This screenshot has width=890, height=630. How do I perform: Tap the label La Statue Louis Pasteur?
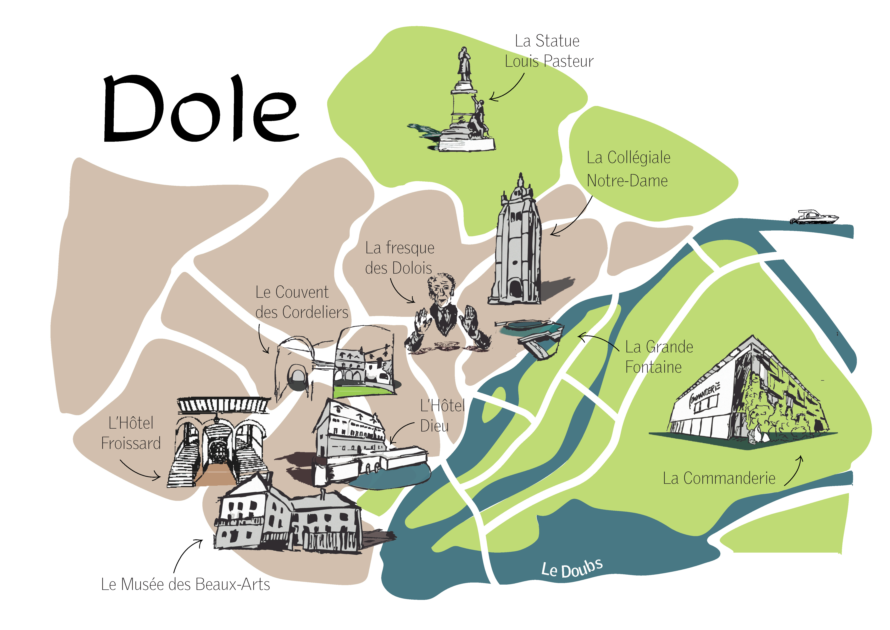pyautogui.click(x=548, y=51)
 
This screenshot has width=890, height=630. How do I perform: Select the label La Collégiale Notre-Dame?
pyautogui.click(x=628, y=169)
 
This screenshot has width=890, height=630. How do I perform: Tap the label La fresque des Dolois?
pyautogui.click(x=399, y=258)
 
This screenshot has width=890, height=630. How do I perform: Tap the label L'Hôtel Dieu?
pyautogui.click(x=442, y=416)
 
